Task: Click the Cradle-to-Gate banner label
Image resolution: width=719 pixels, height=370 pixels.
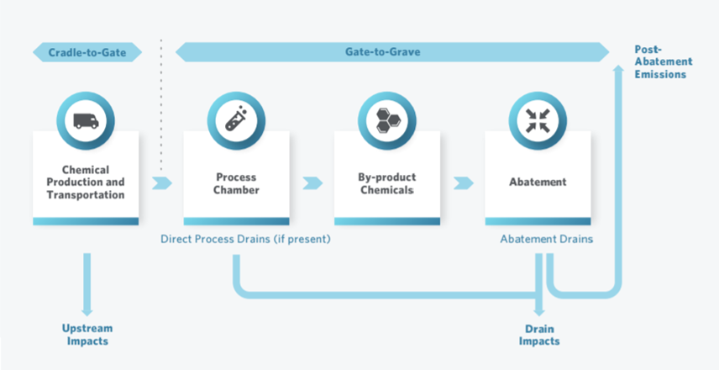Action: pos(87,52)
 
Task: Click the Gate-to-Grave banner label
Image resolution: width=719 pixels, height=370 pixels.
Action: pos(382,52)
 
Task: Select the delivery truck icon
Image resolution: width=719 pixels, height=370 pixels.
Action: pos(86,120)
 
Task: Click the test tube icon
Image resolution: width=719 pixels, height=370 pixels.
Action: pos(236,120)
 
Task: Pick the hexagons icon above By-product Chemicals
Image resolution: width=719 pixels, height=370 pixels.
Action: pos(386,120)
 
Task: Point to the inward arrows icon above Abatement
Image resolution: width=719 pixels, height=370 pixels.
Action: pos(538,120)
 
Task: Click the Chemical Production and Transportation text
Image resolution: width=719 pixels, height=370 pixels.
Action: pos(86,182)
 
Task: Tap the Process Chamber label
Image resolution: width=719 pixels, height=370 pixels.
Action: pos(236,182)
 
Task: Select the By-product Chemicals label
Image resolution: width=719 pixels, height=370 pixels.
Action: pos(386,182)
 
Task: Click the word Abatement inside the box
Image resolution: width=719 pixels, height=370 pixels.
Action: pos(538,182)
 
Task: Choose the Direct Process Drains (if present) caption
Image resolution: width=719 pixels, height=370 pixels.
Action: pos(245,239)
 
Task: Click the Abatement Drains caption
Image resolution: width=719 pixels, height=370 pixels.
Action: pos(546,239)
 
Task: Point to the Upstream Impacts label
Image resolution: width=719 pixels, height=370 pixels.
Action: pos(87,335)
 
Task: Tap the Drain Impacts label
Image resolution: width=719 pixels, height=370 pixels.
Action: pos(538,335)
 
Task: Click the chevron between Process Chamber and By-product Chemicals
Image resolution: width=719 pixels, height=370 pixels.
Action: pos(312,182)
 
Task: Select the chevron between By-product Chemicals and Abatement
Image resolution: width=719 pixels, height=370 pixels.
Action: pos(463,182)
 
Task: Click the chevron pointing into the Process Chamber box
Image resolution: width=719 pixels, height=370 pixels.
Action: pos(162,182)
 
